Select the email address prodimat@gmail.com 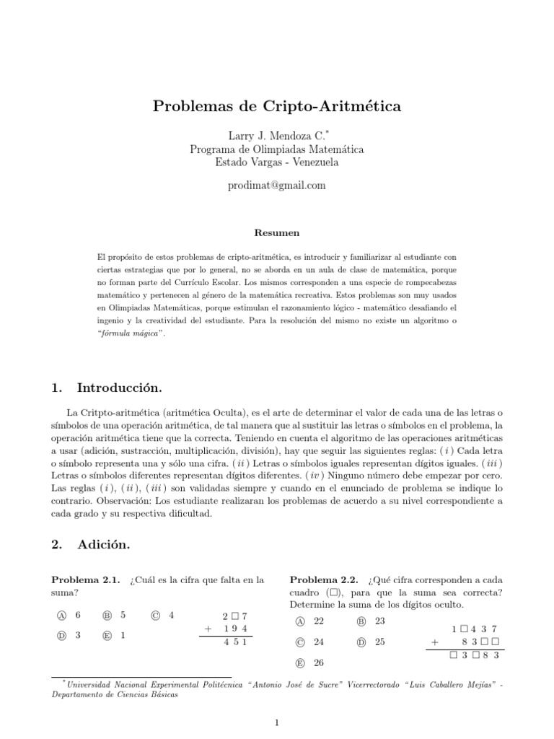(x=276, y=185)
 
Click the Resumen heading (x=276, y=233)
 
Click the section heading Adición (x=104, y=545)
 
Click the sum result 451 (x=236, y=642)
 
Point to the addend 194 (x=236, y=629)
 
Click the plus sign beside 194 (x=207, y=629)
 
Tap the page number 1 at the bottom (x=276, y=722)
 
